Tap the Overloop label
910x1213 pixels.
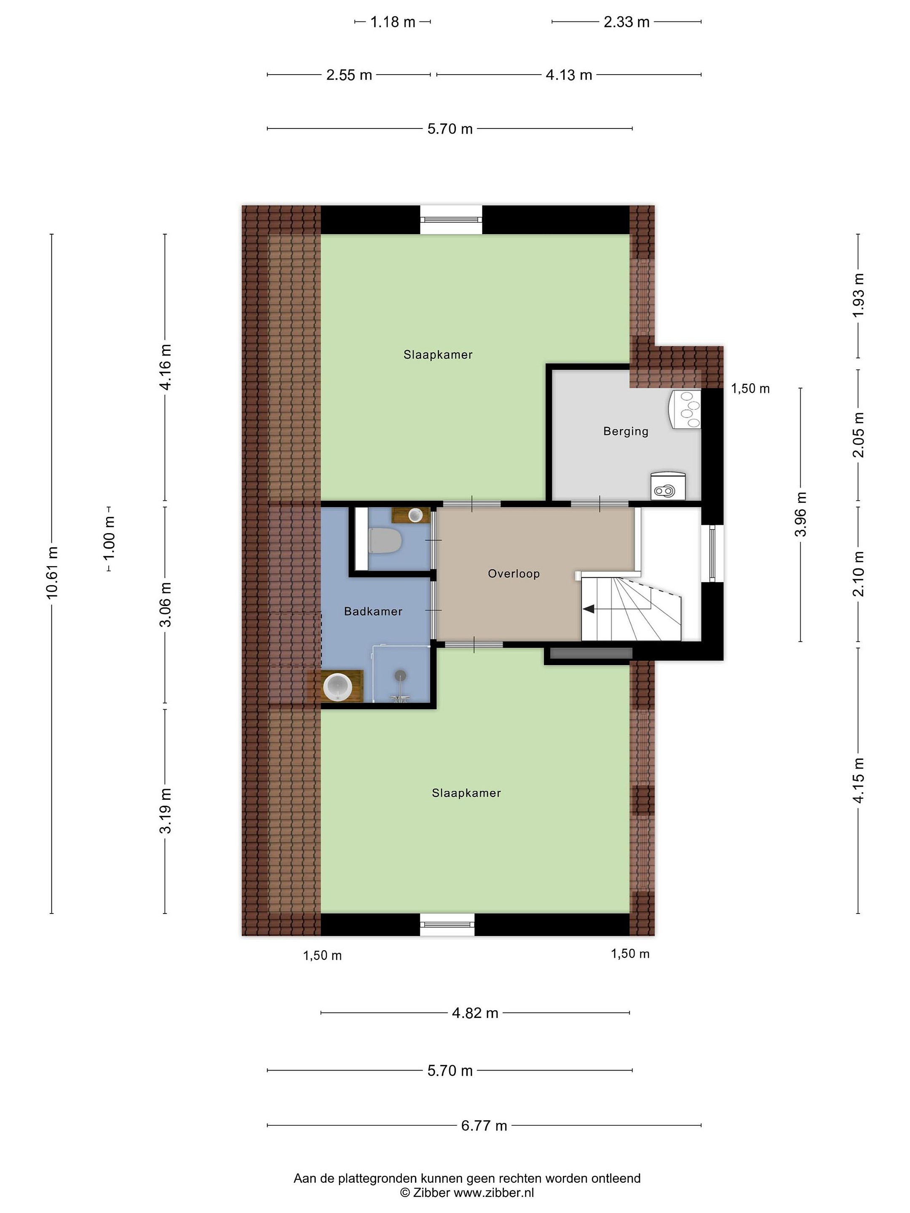[x=514, y=574]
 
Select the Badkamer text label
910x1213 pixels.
[x=373, y=612]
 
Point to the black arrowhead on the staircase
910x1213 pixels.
[x=589, y=609]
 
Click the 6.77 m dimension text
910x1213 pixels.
[x=484, y=1125]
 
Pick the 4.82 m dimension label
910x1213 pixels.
[x=475, y=1013]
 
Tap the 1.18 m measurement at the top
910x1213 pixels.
[x=393, y=22]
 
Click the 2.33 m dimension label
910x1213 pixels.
[x=626, y=22]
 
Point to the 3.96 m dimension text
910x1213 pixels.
[x=801, y=514]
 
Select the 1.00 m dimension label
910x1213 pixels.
[x=109, y=538]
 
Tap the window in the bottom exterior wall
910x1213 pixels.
[x=447, y=924]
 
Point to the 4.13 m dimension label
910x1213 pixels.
[x=569, y=75]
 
